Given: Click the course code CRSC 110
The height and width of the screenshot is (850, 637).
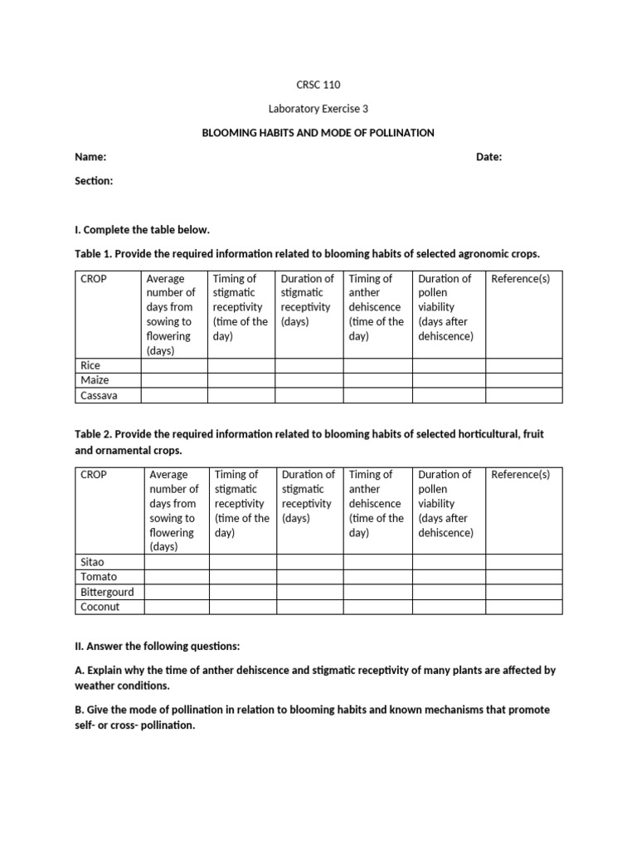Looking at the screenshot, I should tap(318, 85).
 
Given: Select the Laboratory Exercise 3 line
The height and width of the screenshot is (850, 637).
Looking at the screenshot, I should tap(318, 109).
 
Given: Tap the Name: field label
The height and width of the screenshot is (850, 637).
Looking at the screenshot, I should tap(90, 157).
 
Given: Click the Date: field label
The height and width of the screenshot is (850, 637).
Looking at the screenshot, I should tap(489, 157).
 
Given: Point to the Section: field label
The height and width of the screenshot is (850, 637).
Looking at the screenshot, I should tap(94, 181).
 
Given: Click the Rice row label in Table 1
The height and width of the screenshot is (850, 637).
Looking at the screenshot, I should tap(90, 365).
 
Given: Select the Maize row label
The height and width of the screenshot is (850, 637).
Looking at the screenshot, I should tap(95, 380).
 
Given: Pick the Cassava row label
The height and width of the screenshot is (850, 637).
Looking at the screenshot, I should tap(99, 395).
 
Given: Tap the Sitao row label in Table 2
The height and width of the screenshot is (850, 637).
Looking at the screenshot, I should tap(93, 562).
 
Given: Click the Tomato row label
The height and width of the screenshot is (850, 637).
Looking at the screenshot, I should tap(99, 577).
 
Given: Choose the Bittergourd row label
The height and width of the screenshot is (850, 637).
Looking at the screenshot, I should tap(107, 592).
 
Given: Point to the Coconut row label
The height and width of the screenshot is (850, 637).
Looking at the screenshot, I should tap(100, 607).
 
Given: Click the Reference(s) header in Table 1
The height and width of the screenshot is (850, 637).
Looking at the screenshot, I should tap(520, 279).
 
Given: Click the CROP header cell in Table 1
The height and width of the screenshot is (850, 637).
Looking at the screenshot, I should tap(94, 279).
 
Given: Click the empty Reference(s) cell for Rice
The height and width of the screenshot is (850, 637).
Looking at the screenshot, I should tap(523, 365).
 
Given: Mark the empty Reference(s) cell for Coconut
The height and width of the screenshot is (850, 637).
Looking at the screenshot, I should tap(523, 607).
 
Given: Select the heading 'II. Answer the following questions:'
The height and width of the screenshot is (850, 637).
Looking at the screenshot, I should tap(157, 645).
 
